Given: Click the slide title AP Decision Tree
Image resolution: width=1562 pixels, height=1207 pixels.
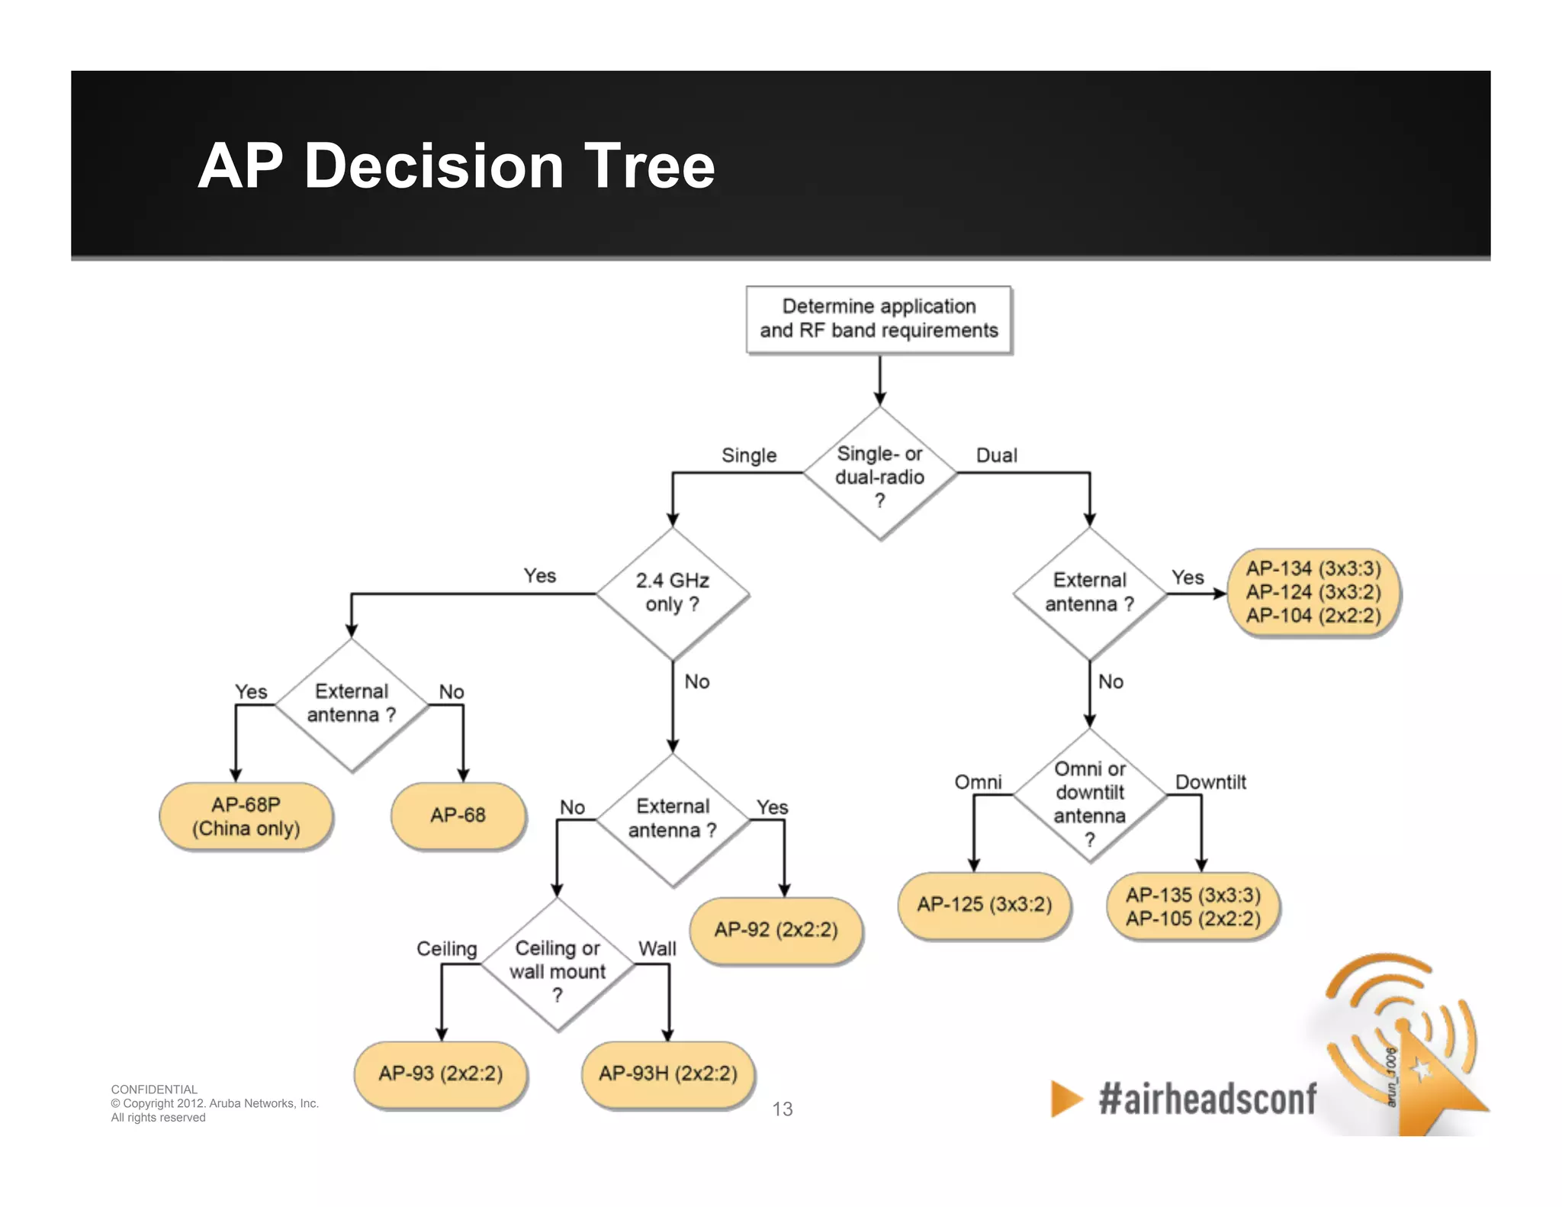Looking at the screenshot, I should pos(456,166).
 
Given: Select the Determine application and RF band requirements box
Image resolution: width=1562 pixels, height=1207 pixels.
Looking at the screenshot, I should pos(879,319).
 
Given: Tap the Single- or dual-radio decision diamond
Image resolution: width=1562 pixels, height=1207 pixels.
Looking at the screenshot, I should pos(879,474).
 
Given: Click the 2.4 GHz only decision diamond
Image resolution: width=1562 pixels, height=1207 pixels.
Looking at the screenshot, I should pos(672,593).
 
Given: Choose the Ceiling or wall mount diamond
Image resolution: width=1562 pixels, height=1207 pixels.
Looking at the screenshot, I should pos(558,966).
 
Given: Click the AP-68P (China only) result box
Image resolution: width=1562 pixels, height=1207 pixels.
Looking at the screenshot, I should pos(246,816).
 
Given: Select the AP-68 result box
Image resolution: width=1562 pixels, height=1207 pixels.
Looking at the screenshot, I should pos(458,815).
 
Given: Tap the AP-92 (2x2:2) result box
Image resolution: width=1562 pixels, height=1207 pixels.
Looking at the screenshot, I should pos(776,929).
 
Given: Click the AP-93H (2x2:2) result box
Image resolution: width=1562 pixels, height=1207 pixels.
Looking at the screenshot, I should pos(667,1073).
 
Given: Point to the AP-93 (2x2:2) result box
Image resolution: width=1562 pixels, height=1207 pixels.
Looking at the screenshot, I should pos(440,1073).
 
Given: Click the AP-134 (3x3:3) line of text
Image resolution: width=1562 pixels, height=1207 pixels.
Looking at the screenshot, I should pos(1313,568).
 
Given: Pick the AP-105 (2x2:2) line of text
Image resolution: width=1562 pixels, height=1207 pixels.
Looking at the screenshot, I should pos(1193,919).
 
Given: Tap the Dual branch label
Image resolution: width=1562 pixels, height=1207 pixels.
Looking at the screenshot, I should pos(996,455).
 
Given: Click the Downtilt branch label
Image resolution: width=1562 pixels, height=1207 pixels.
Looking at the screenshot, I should pos(1210,782).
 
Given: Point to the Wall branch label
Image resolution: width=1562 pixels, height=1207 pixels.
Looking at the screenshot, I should pos(657,948).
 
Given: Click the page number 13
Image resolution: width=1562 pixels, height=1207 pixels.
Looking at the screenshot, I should pos(783,1109).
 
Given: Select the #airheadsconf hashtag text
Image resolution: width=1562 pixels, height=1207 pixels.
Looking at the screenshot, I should pos(1207,1099).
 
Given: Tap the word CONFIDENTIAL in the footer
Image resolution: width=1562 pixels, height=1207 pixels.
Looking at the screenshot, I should pos(154,1090).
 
